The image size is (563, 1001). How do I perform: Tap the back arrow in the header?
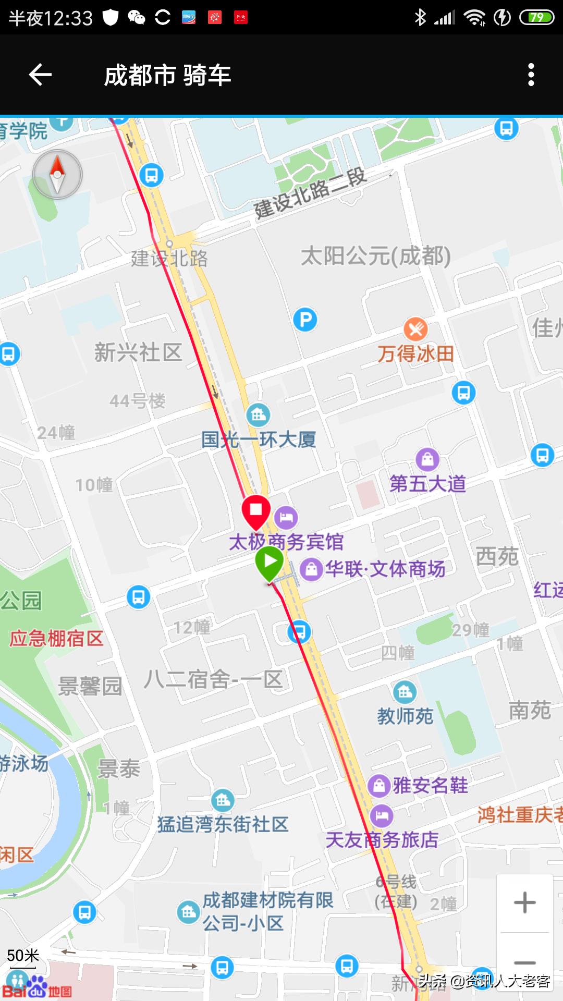[x=40, y=75]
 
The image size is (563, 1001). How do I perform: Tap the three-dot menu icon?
[x=531, y=75]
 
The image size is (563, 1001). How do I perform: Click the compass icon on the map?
[x=57, y=175]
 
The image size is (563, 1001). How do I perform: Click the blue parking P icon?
[x=305, y=320]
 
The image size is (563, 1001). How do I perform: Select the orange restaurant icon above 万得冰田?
[x=415, y=329]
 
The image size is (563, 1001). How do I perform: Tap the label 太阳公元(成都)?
[x=375, y=256]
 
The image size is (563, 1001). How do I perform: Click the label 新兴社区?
[x=138, y=352]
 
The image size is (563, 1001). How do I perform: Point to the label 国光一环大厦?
[x=259, y=440]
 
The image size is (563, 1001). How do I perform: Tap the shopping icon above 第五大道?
[x=427, y=459]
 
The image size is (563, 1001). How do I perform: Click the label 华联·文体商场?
[x=385, y=569]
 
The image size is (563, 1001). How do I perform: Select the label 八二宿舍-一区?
[x=213, y=679]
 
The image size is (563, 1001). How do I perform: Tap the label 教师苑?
[x=405, y=716]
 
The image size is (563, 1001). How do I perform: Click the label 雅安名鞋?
[x=430, y=785]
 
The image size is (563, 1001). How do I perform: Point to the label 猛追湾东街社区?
[x=223, y=824]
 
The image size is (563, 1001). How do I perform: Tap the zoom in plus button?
[x=524, y=902]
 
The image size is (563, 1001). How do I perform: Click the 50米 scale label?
[x=23, y=956]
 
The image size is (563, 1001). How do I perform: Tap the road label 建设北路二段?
[x=310, y=193]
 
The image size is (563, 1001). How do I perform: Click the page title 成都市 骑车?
[x=167, y=76]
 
